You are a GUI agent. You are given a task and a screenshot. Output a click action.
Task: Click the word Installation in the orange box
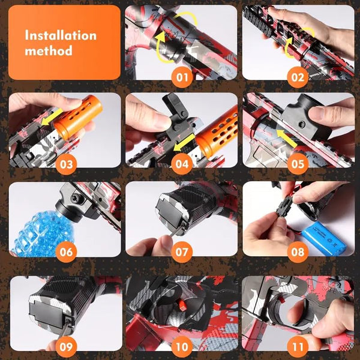click(61, 35)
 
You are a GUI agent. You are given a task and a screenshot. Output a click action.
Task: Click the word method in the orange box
click(49, 50)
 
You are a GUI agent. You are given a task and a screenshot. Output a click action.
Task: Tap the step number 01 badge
click(182, 77)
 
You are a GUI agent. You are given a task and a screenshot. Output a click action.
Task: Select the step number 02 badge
click(298, 77)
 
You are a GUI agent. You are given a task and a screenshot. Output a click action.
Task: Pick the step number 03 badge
click(66, 164)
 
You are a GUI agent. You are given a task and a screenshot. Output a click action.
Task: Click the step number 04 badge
click(182, 164)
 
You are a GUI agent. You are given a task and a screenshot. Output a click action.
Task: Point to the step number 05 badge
click(298, 164)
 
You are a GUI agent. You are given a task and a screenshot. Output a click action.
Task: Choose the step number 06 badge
click(66, 252)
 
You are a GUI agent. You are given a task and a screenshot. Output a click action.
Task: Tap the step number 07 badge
click(182, 252)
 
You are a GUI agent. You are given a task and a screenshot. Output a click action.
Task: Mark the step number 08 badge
click(298, 252)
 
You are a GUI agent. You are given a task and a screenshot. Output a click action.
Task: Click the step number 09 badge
click(66, 347)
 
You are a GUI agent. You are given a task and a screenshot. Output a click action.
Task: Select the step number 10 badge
click(182, 347)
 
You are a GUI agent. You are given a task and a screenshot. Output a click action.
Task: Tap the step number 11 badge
click(298, 347)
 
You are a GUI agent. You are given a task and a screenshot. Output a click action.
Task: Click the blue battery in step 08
click(324, 239)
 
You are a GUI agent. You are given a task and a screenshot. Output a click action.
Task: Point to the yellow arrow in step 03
click(52, 117)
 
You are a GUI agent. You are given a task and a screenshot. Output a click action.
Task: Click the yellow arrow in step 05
click(287, 138)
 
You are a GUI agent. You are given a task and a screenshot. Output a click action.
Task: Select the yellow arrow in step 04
click(184, 143)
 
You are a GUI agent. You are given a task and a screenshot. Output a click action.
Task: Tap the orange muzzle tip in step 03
click(78, 116)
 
